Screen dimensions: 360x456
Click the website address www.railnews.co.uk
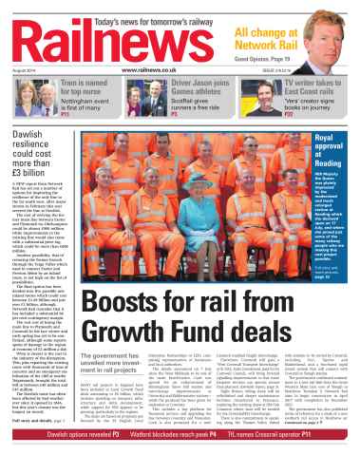point(180,70)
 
